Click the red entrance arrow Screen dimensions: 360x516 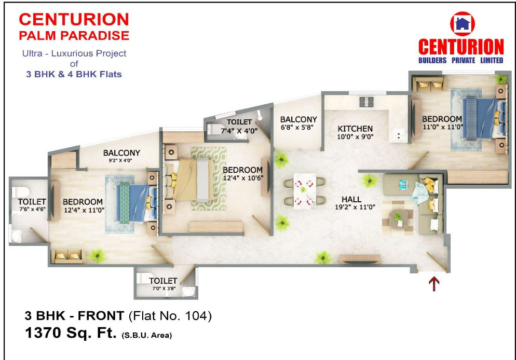434,283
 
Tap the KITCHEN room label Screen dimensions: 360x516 355,129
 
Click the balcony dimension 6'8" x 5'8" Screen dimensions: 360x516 298,127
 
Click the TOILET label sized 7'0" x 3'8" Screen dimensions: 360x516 163,281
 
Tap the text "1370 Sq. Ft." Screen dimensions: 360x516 71,334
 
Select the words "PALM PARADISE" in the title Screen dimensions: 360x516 74,36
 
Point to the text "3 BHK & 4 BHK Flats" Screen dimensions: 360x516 74,74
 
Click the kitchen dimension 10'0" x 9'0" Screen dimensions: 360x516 355,137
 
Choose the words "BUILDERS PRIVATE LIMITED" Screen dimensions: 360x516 461,60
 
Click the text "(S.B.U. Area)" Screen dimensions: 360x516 147,336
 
